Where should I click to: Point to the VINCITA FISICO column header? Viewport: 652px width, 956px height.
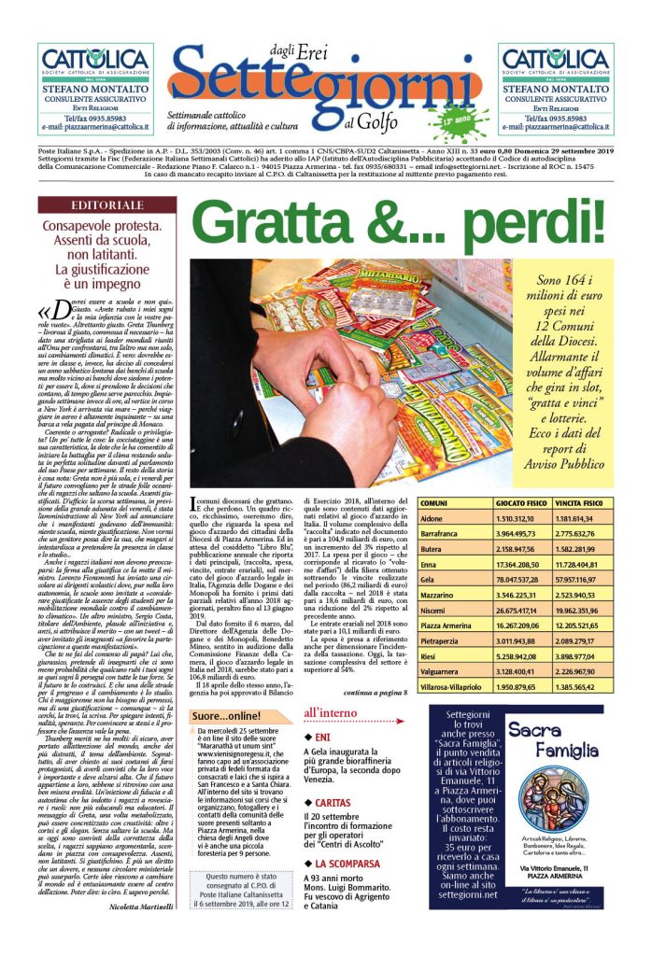click(x=587, y=503)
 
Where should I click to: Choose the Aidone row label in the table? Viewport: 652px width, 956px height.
click(x=432, y=518)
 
